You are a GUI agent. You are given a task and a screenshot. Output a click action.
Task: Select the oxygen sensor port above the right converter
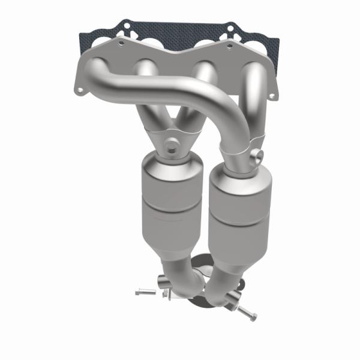click(257, 155)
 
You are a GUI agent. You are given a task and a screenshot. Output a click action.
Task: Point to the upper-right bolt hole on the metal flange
click(230, 45)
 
